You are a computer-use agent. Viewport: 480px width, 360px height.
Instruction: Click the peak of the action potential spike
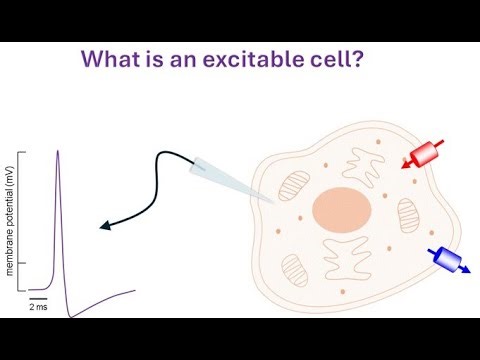tap(58, 151)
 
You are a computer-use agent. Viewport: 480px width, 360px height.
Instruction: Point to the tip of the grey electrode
tap(273, 202)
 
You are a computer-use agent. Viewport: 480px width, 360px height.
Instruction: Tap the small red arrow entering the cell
tap(406, 165)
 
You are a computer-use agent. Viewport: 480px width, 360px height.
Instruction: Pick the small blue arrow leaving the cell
tap(466, 271)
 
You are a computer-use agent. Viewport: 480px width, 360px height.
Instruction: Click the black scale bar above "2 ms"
tap(38, 298)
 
